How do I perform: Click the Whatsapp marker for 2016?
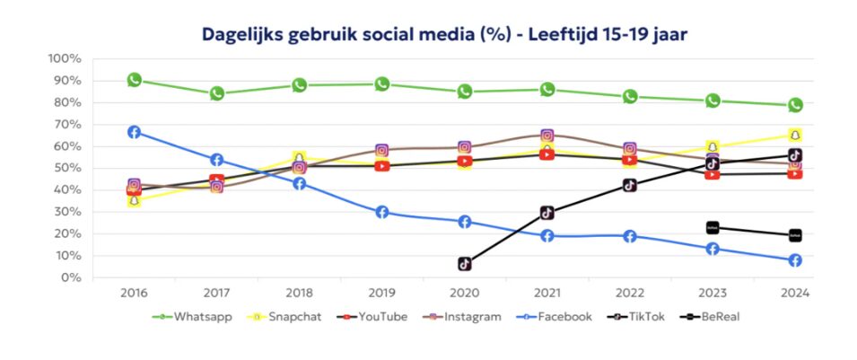(x=135, y=80)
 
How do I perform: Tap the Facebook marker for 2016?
(x=135, y=132)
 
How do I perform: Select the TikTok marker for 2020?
(x=465, y=264)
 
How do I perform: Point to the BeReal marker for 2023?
(x=713, y=228)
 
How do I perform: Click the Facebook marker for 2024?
(x=795, y=260)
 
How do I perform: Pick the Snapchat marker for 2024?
(x=795, y=136)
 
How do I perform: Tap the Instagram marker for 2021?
(x=547, y=136)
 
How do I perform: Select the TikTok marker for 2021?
(x=547, y=213)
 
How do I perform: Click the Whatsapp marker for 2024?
(x=795, y=105)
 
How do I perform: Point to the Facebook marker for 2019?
(x=382, y=213)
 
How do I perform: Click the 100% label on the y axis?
(x=65, y=58)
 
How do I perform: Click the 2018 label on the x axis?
(x=300, y=293)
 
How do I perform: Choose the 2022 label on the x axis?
(x=630, y=293)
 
